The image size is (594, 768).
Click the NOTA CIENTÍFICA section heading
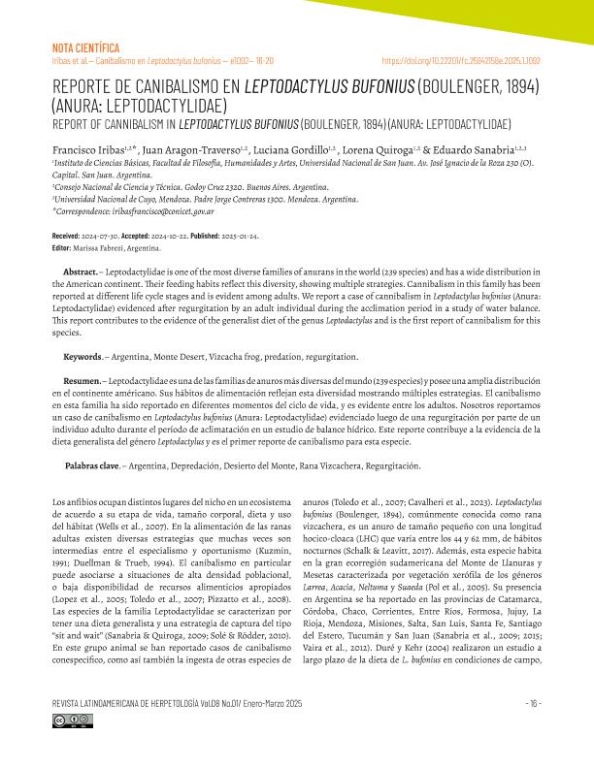pos(84,47)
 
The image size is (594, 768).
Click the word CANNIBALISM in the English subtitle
pos(132,126)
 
